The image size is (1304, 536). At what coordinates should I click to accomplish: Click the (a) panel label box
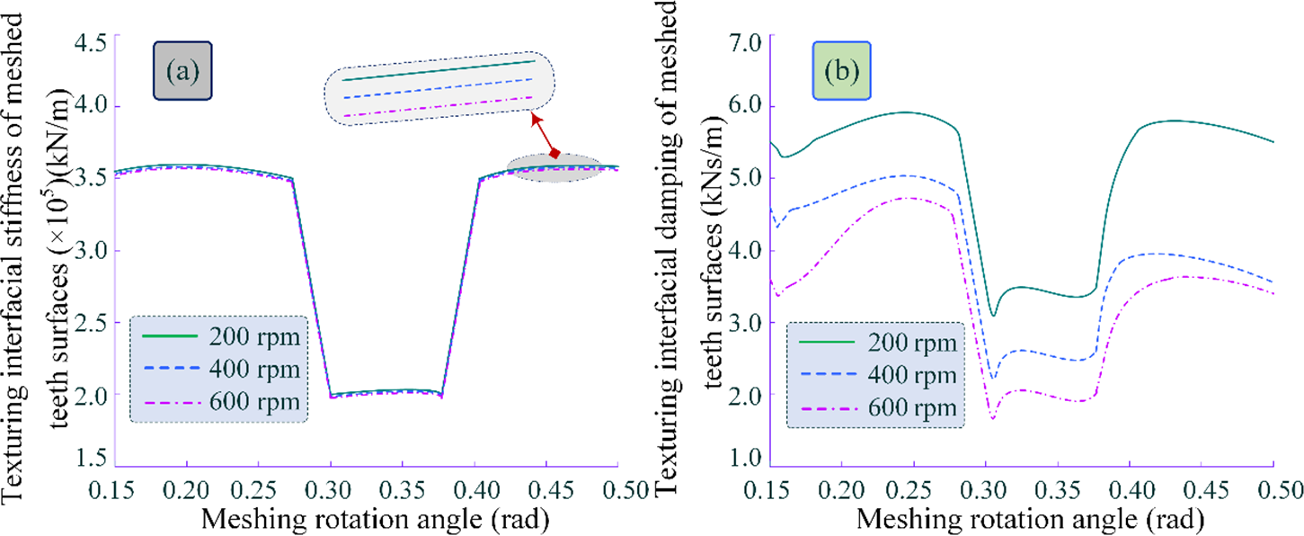[182, 71]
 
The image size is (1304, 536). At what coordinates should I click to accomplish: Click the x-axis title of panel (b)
[1022, 519]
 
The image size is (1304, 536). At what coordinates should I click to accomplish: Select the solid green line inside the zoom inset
[439, 71]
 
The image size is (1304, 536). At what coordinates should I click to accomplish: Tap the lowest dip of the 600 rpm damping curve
[993, 418]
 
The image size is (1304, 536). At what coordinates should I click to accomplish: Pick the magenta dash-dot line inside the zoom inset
[439, 106]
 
